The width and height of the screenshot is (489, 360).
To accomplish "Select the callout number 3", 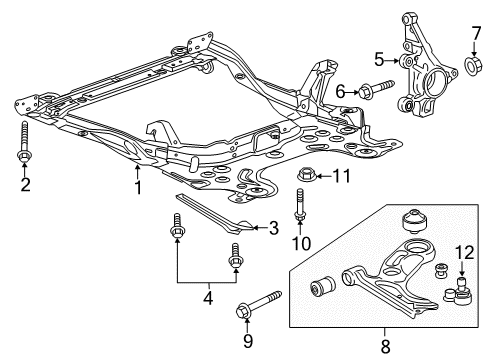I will [x=272, y=228].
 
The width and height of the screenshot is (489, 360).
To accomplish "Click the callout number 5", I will [x=378, y=60].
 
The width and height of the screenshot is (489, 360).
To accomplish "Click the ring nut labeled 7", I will [x=474, y=68].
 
